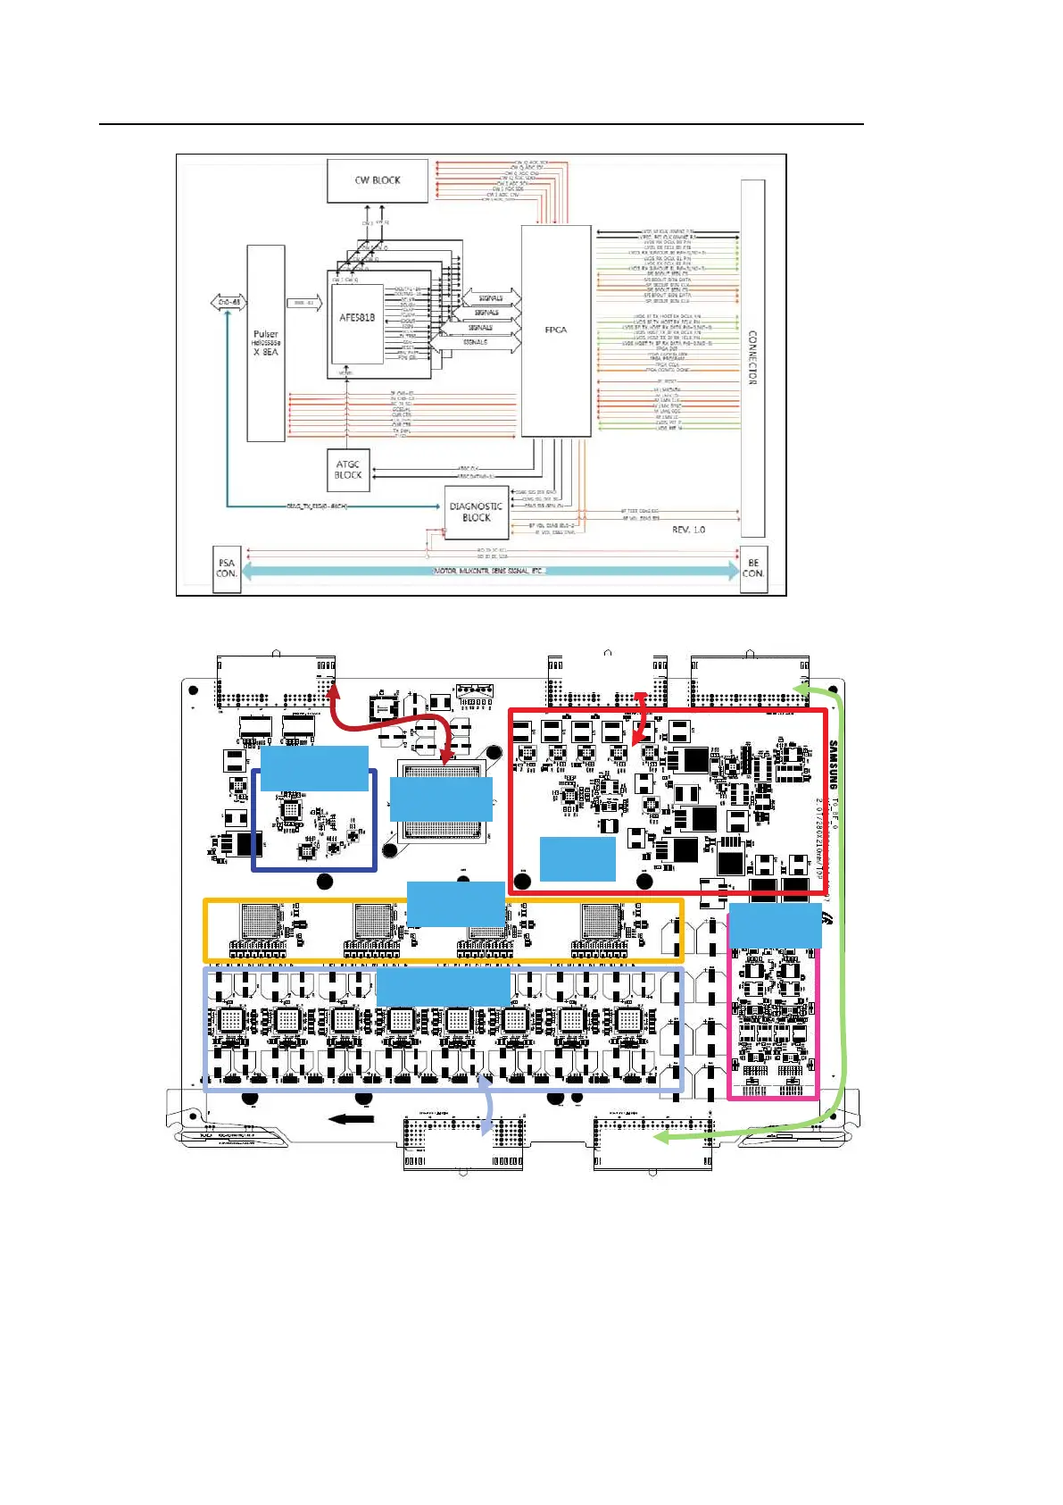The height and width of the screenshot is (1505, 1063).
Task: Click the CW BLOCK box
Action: click(x=378, y=180)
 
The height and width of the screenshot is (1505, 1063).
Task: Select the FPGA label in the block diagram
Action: click(x=556, y=330)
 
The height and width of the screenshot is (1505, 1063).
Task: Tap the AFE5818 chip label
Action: click(x=357, y=318)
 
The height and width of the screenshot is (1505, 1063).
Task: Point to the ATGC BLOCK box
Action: click(x=348, y=470)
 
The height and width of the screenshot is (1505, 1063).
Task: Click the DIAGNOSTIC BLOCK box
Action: click(x=476, y=512)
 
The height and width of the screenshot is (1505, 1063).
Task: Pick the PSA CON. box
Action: click(x=227, y=569)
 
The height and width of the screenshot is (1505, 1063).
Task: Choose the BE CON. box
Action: click(x=753, y=569)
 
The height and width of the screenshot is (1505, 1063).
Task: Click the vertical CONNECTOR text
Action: click(x=752, y=357)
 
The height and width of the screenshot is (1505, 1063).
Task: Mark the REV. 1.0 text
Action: click(x=688, y=530)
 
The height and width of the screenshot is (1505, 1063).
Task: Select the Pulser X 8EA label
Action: click(x=265, y=343)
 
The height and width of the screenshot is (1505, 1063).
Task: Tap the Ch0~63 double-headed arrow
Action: click(x=228, y=303)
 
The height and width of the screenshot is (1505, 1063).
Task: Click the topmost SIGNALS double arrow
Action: click(x=490, y=298)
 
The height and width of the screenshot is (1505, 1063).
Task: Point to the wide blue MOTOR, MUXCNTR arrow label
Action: click(x=489, y=571)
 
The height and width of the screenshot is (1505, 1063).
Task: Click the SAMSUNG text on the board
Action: click(x=834, y=764)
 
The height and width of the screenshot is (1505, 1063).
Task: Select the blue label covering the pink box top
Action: click(x=775, y=925)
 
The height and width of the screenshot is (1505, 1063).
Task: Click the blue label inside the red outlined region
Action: click(x=577, y=859)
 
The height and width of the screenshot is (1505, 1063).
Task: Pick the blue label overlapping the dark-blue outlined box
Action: click(x=314, y=768)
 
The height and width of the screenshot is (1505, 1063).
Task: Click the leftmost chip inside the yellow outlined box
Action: click(x=261, y=922)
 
